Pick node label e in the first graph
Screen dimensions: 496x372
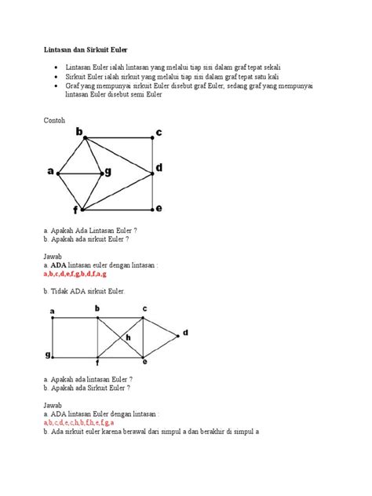tap(159, 208)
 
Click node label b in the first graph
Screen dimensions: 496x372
tap(79, 133)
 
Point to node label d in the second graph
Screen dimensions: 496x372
tap(187, 333)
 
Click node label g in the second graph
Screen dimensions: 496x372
tap(48, 355)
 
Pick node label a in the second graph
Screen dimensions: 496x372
tap(53, 312)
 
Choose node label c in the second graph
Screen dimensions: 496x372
tap(144, 309)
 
